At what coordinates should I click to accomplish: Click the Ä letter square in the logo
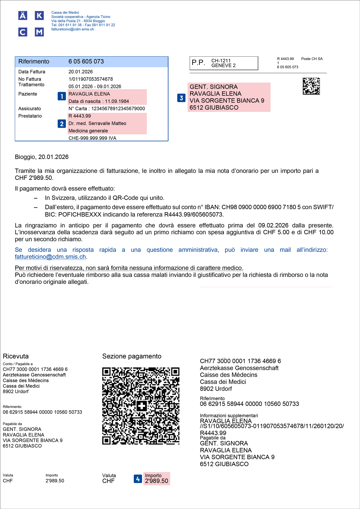(23, 15)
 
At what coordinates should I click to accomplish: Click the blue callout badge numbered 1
(62, 96)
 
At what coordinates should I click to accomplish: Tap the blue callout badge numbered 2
(62, 124)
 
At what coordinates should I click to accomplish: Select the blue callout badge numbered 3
(181, 98)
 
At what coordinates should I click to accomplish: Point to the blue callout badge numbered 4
(138, 479)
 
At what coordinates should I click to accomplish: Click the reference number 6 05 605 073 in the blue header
(86, 62)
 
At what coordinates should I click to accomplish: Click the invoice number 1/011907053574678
(91, 79)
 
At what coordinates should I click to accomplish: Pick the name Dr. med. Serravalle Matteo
(97, 123)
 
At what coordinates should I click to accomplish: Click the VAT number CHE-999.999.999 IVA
(92, 138)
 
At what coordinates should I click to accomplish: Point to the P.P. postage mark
(198, 63)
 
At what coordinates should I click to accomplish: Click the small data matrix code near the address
(311, 86)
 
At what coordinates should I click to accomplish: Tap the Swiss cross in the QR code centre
(141, 406)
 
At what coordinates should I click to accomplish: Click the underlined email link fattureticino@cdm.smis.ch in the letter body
(51, 257)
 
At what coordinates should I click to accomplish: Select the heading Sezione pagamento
(132, 356)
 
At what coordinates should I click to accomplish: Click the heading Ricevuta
(16, 356)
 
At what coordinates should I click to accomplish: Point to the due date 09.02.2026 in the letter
(273, 225)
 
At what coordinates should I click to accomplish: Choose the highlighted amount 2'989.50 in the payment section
(156, 481)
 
